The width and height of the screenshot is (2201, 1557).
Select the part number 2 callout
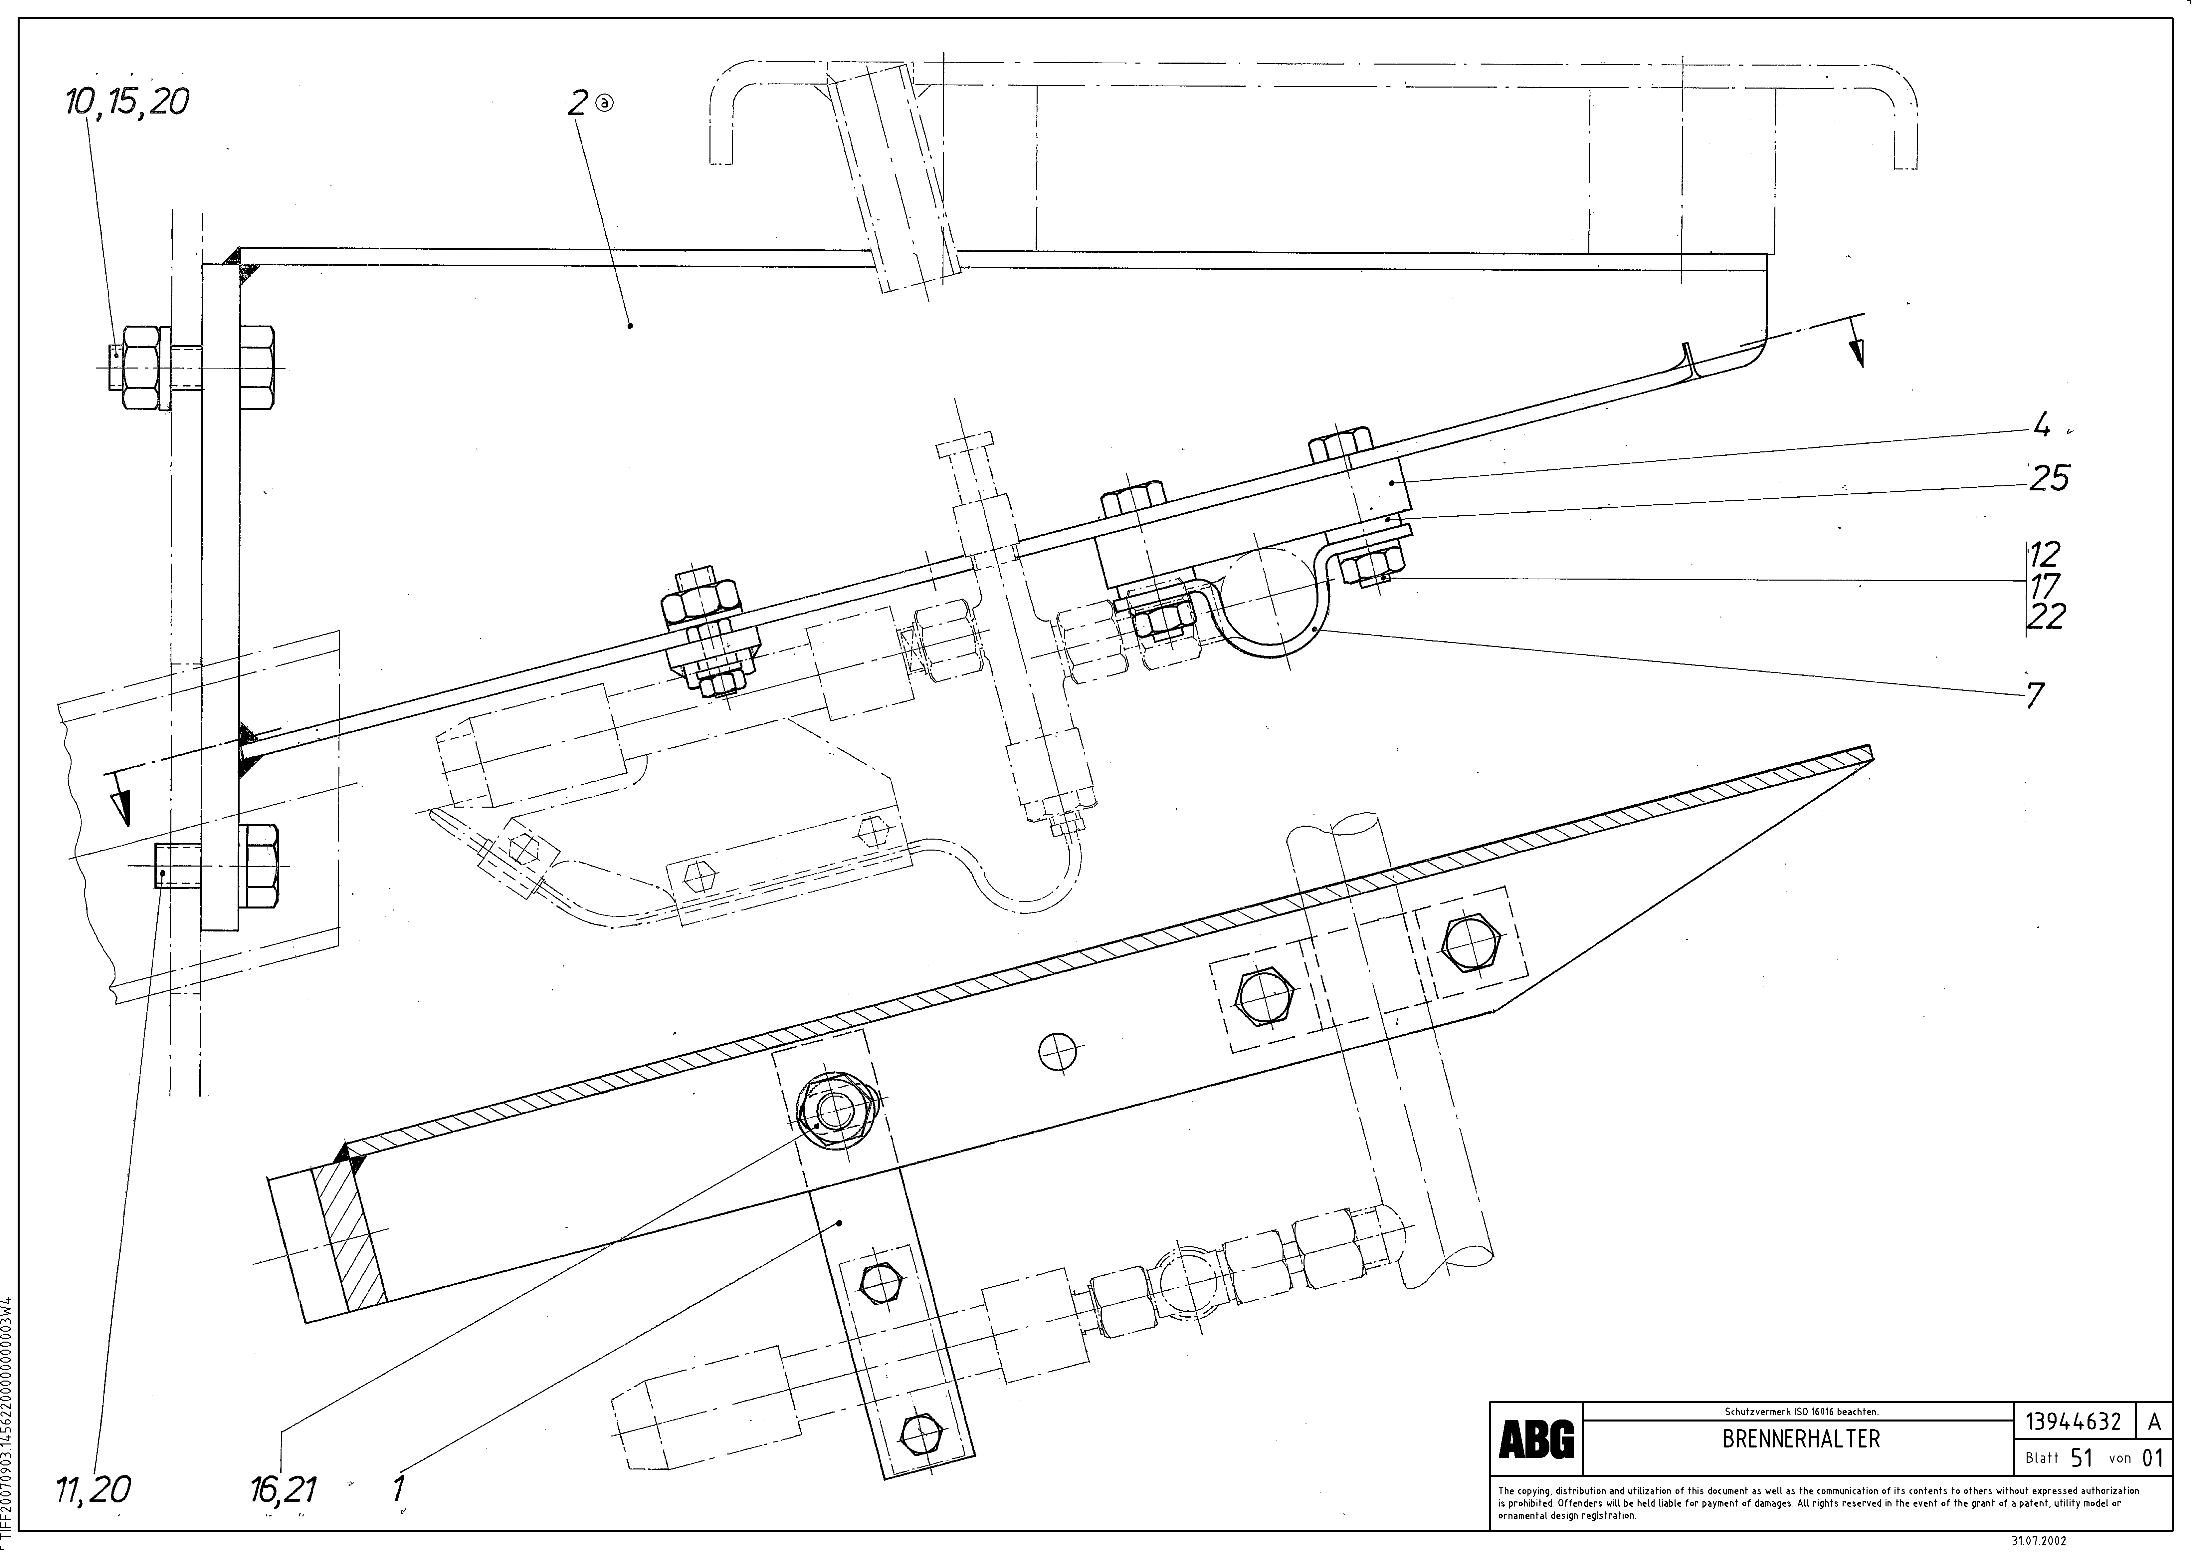point(577,104)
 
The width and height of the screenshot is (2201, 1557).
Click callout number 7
point(2035,694)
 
